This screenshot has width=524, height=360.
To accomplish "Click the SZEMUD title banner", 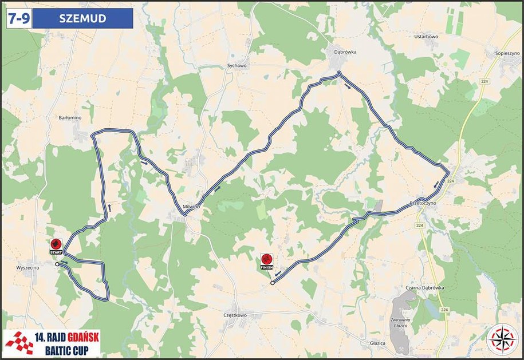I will tap(82, 19).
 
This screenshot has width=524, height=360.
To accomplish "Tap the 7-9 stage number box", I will tap(17, 19).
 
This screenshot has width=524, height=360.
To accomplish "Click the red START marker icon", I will tap(56, 244).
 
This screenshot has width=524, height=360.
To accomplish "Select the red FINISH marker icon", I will tap(266, 260).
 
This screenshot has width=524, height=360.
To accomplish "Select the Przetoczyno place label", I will tap(424, 203).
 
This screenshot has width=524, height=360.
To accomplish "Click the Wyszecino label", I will tap(27, 267).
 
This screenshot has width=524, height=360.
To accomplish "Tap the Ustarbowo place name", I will tap(425, 37).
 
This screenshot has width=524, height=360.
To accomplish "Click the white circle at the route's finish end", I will tap(272, 283).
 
